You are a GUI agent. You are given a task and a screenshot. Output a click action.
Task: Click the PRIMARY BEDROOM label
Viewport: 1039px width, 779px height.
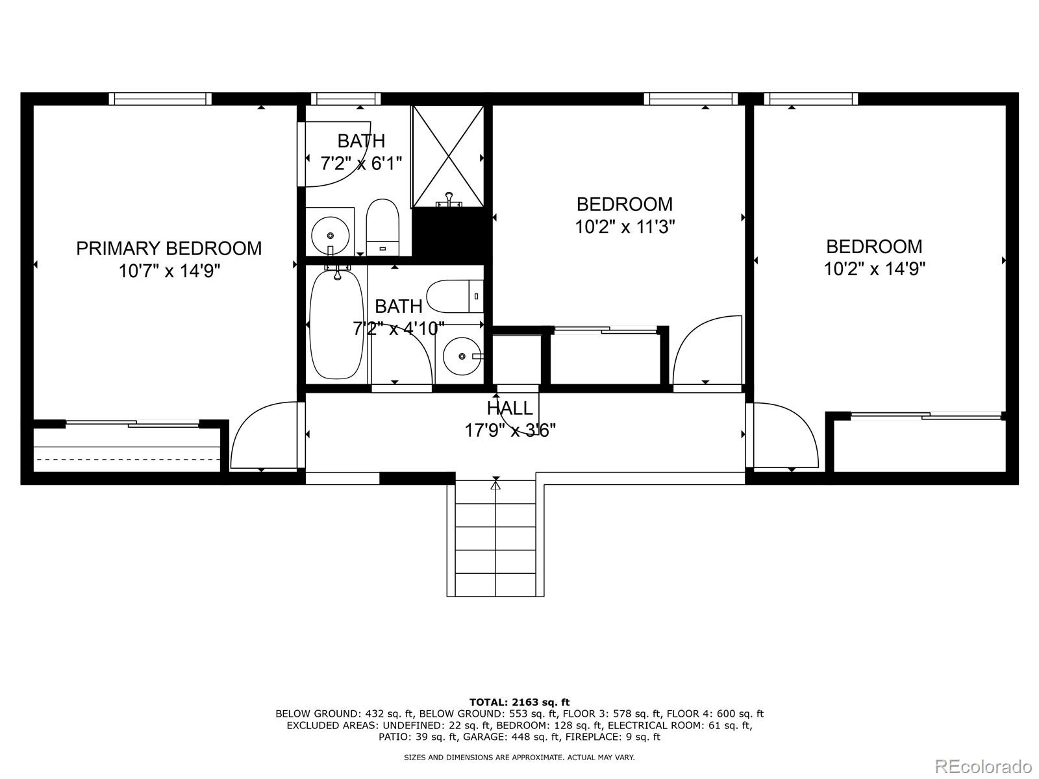(x=169, y=249)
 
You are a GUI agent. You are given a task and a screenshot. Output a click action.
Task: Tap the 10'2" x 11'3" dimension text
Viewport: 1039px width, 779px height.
(x=625, y=227)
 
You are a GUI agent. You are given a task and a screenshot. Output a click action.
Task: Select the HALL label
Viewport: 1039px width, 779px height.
(x=510, y=408)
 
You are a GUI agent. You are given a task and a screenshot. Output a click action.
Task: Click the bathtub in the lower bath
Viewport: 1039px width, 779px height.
(x=336, y=325)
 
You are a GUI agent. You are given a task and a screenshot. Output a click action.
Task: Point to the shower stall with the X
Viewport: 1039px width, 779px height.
(x=448, y=156)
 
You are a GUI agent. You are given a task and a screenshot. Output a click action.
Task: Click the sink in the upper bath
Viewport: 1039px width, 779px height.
(x=331, y=232)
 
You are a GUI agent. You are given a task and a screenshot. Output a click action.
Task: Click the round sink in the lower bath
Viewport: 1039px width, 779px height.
(x=462, y=356)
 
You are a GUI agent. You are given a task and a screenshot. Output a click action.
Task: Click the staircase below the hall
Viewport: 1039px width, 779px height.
(x=495, y=539)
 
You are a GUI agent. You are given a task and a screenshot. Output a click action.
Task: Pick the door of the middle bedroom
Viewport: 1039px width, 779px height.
(x=708, y=351)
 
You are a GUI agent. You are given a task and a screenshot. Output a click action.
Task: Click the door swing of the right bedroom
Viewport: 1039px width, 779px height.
(x=782, y=435)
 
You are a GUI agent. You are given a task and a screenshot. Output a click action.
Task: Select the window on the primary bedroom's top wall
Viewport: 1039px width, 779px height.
(x=160, y=99)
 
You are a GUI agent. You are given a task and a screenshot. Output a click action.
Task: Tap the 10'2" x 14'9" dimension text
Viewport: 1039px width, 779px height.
(x=874, y=269)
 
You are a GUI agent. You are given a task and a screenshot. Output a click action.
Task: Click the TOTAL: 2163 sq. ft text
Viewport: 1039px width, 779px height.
(x=519, y=702)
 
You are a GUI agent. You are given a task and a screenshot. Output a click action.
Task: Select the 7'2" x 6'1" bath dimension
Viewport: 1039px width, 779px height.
(x=361, y=163)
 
